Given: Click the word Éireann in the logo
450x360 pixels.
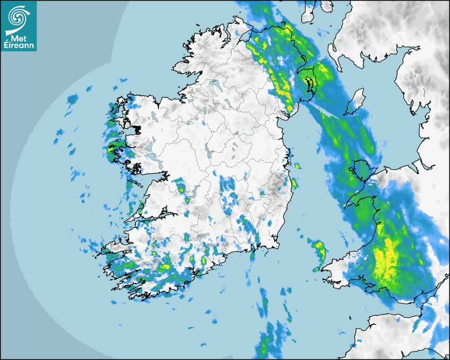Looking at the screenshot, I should [19, 46].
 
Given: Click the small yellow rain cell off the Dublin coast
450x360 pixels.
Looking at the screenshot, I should [297, 166].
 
